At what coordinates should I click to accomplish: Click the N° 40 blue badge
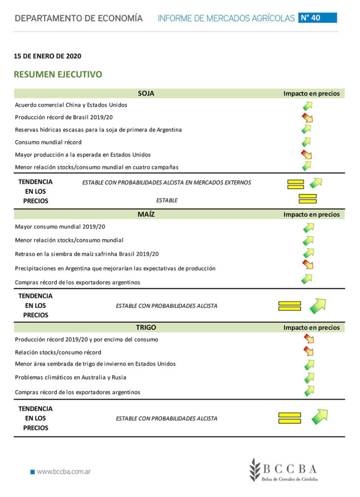pos(317,18)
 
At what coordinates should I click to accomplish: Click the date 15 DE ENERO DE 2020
pos(48,56)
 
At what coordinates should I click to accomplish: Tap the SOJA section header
pos(146,93)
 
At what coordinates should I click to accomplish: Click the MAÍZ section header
pos(146,214)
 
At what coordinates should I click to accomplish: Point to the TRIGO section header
pos(146,327)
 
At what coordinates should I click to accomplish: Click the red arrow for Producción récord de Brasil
pos(307,117)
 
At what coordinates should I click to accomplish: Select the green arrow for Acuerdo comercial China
pos(307,105)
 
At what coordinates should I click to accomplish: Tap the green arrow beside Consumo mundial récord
pos(307,142)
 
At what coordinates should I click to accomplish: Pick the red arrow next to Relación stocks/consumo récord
pos(308,350)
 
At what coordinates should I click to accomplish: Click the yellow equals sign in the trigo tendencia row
pos(290,418)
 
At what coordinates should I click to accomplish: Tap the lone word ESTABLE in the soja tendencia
pos(167,200)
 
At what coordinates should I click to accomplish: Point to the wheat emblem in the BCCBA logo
pos(255,469)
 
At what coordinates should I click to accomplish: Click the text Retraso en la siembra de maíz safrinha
pos(87,254)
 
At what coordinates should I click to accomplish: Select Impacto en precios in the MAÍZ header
pos(311,215)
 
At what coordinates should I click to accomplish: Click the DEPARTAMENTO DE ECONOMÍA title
pos(79,18)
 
